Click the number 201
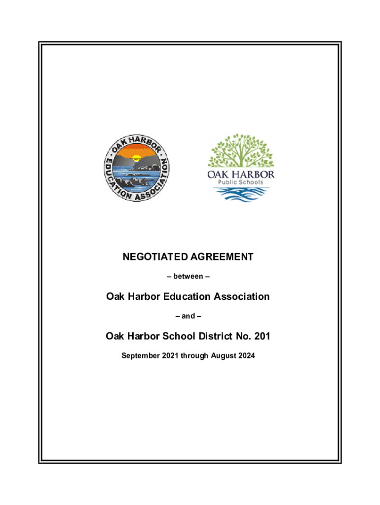pos(261,336)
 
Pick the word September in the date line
pos(141,355)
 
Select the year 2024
pos(247,355)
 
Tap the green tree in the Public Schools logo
pos(240,149)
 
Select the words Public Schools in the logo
pos(240,181)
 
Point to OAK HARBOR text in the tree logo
pos(240,174)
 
